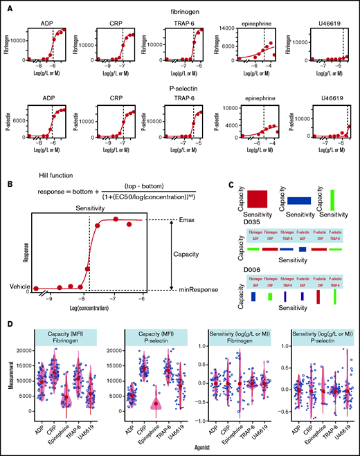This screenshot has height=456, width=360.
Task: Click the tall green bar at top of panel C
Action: (332, 199)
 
